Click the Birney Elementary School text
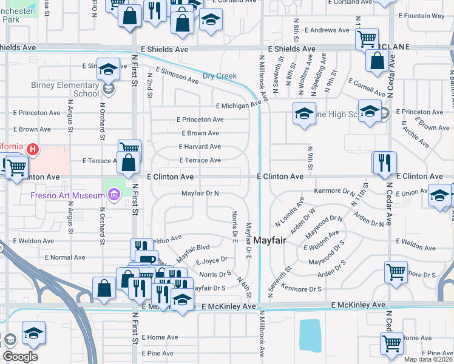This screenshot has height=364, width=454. coord(65,89)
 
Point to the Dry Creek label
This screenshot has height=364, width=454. coord(219,76)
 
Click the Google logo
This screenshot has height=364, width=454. coord(20,357)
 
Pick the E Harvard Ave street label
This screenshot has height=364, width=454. coord(200,146)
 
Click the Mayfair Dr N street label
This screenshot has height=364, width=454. coord(200,193)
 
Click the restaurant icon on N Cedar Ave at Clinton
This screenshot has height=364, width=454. coord(384,163)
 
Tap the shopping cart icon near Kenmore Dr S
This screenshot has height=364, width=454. coord(396,271)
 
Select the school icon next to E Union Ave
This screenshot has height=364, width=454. coord(439,196)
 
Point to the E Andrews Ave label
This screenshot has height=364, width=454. coord(327,30)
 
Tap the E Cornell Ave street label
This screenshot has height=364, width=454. coord(367,87)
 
